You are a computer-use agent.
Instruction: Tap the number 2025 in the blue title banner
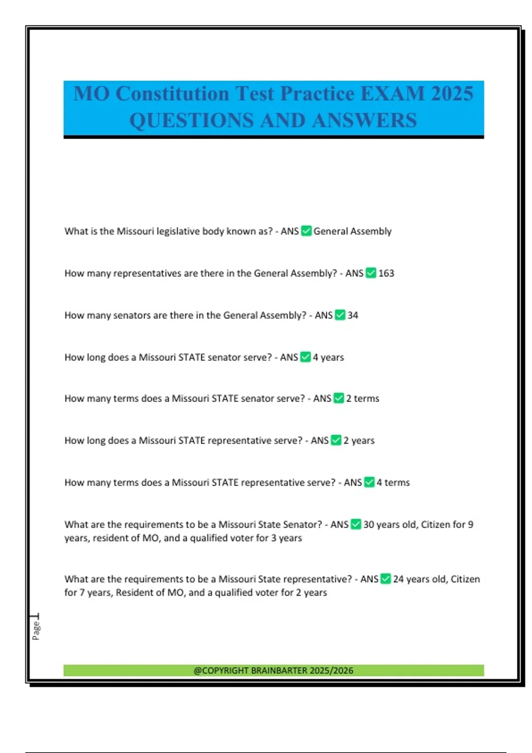452,94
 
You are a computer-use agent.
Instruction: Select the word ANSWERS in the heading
364,120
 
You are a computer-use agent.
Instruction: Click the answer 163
386,273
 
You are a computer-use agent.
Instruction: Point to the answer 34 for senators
353,315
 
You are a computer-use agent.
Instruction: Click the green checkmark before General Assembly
306,231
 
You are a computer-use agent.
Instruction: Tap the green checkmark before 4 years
305,357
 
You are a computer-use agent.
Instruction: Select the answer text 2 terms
363,399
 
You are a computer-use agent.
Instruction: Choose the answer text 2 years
359,441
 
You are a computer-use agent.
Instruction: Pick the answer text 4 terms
393,483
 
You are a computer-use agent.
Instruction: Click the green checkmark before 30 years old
356,524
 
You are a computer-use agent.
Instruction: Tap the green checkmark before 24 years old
386,579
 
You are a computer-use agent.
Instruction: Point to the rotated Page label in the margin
36,630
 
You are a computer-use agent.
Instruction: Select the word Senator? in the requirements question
302,525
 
